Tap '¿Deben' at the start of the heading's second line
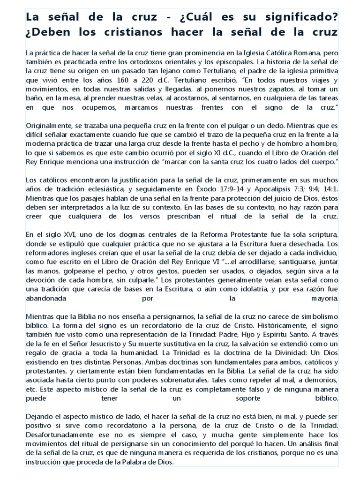[x=46, y=33]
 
